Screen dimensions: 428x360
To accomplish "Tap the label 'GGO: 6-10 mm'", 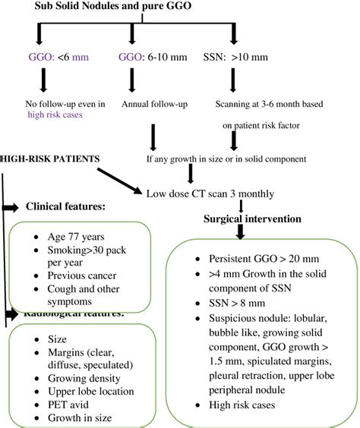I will pyautogui.click(x=148, y=57).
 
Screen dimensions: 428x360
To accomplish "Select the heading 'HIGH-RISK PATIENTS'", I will pyautogui.click(x=50, y=159).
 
